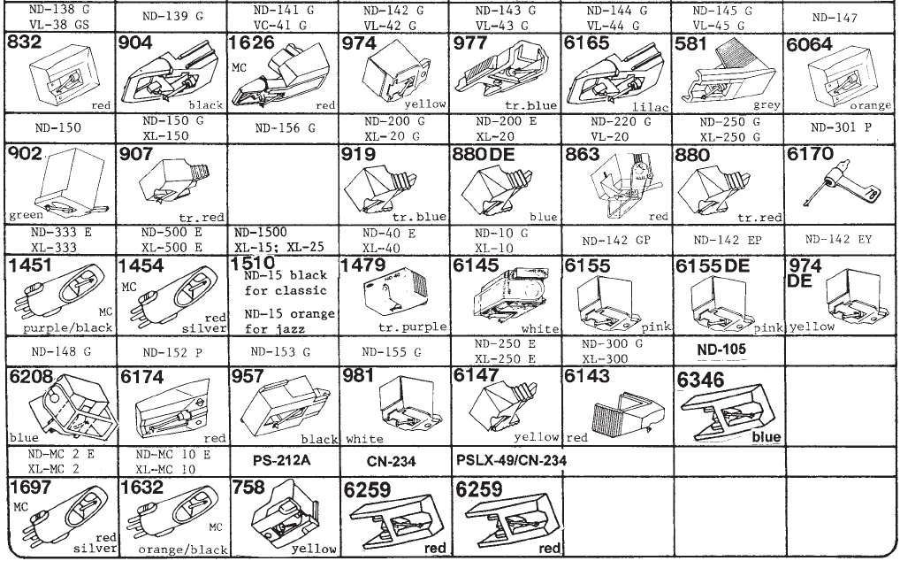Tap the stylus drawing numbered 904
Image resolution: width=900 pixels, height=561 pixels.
(173, 78)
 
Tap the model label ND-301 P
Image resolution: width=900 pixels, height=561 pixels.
(838, 127)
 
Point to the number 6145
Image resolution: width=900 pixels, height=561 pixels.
(474, 265)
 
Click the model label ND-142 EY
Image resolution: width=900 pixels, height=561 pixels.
(838, 240)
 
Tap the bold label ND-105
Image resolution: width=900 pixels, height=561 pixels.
(721, 349)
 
